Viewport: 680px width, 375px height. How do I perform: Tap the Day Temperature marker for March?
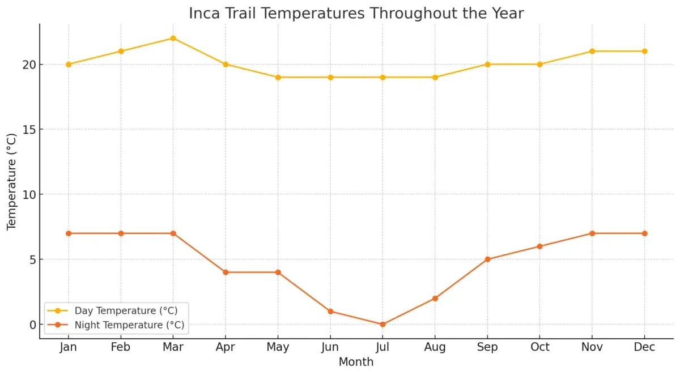(x=173, y=39)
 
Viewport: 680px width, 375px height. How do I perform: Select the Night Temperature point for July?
(x=382, y=325)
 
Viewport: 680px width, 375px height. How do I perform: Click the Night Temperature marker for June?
(x=330, y=312)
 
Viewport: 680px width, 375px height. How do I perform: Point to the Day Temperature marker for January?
(x=69, y=65)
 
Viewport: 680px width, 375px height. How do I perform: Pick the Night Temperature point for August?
(x=435, y=299)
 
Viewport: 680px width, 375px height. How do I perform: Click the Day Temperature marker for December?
(x=644, y=52)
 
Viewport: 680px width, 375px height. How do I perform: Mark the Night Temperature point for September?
(x=487, y=259)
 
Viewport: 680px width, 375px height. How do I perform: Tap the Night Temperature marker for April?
(x=226, y=272)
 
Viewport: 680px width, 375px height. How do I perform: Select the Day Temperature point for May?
(x=278, y=78)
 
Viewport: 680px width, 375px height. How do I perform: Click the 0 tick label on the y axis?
(x=33, y=325)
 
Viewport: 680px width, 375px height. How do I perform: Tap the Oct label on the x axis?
(x=539, y=347)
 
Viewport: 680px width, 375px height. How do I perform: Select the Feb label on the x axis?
(x=121, y=347)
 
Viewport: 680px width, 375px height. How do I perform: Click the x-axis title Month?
(x=356, y=362)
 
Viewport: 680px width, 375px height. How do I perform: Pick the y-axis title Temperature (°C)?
(x=12, y=181)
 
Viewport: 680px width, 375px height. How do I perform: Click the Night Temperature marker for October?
(x=539, y=246)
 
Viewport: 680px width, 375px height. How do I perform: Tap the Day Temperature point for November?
(x=592, y=52)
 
